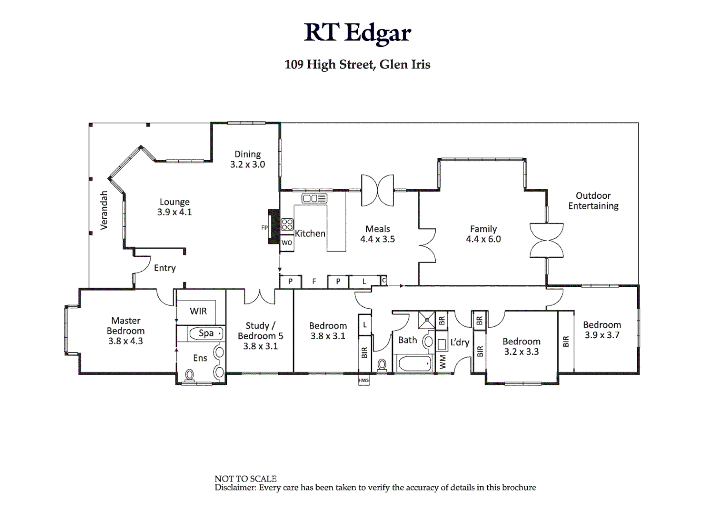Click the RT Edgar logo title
(358, 33)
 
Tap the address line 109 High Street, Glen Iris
(358, 64)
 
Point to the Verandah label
(104, 210)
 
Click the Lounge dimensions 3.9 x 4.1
(174, 212)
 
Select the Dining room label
(247, 154)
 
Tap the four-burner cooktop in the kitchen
(287, 224)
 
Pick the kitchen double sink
(314, 199)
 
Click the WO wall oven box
(287, 243)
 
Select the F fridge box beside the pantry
(314, 282)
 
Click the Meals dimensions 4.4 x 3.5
(377, 239)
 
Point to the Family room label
(483, 229)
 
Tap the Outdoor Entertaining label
(593, 201)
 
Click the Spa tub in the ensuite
(206, 334)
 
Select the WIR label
(198, 311)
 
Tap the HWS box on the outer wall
(364, 380)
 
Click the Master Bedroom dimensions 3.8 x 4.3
(126, 341)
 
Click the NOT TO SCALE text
(246, 478)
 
